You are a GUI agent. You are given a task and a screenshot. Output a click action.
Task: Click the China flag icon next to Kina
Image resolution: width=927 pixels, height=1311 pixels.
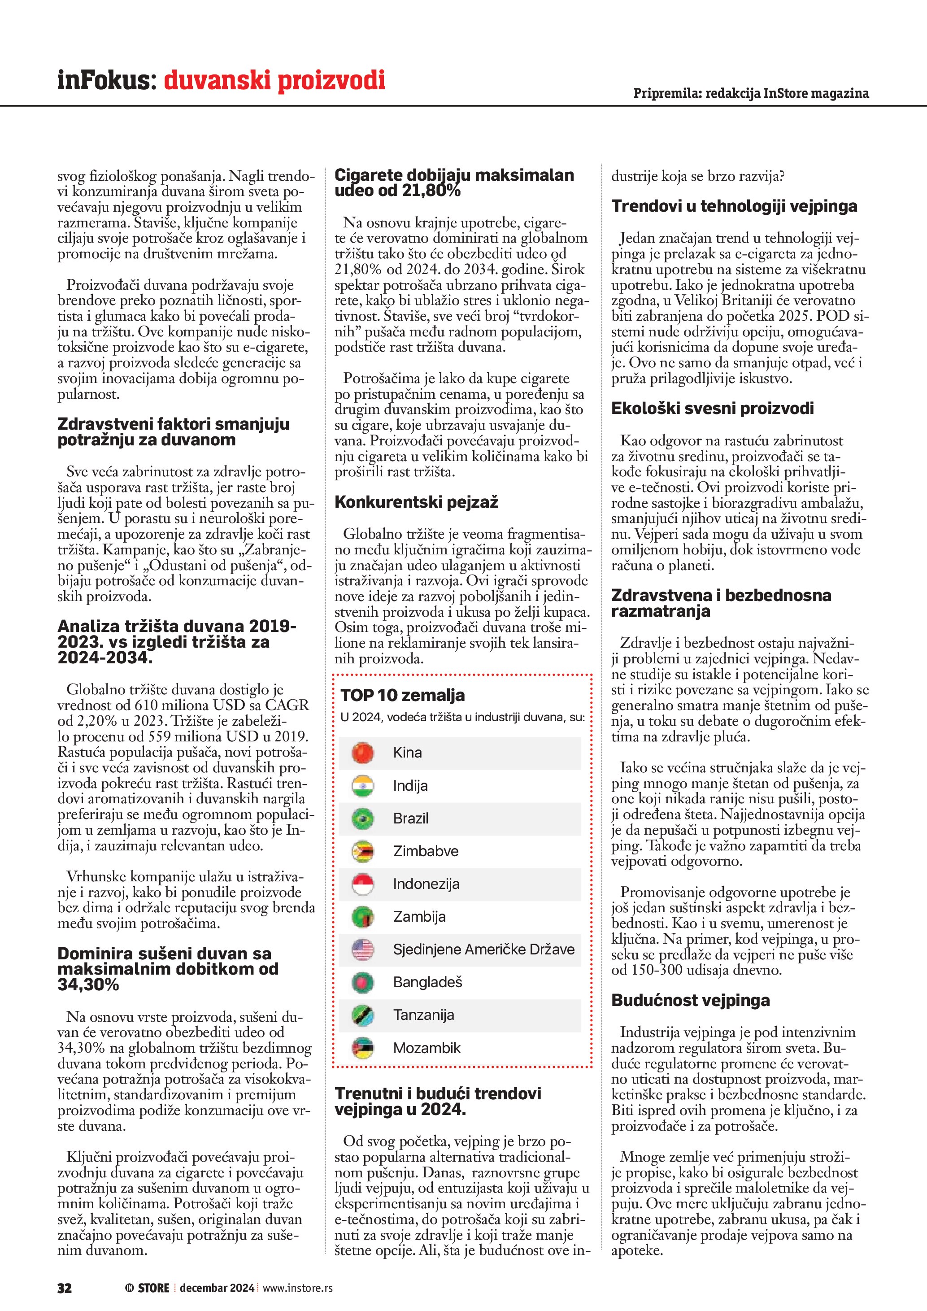tap(362, 753)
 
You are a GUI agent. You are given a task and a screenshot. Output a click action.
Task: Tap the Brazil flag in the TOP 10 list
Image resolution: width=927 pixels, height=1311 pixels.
tap(362, 818)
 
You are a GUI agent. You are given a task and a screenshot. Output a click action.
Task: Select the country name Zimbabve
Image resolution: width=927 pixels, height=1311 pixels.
tap(425, 851)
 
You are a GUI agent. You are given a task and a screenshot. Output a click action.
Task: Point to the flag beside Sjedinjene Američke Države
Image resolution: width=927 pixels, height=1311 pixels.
tap(362, 949)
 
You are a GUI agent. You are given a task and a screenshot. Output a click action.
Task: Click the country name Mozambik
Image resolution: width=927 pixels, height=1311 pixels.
tap(427, 1048)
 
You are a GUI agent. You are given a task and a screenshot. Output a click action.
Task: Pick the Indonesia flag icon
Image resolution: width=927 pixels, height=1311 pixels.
tap(362, 884)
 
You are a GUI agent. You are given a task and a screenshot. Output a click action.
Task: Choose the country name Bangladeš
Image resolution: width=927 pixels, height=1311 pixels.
tap(427, 983)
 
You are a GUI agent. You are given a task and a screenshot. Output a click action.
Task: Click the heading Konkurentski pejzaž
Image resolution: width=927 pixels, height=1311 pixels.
tap(416, 502)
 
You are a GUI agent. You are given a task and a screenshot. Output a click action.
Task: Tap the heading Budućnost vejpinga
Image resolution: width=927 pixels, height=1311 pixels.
tap(691, 1000)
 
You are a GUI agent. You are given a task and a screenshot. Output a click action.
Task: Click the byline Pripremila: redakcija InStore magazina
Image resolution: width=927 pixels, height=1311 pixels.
tap(751, 93)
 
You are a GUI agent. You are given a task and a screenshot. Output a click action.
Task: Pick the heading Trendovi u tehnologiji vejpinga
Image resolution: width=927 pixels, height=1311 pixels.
tap(734, 206)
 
